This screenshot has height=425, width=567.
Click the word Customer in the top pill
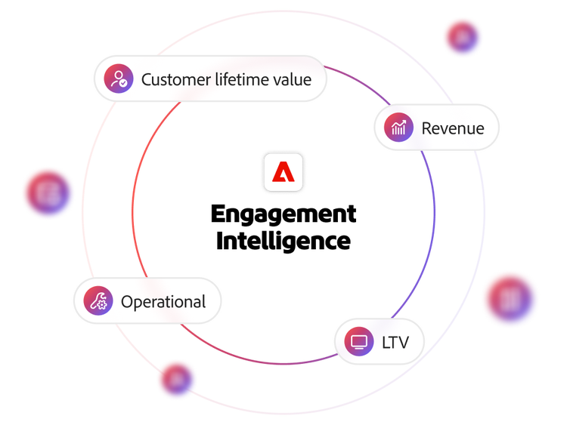[x=175, y=79]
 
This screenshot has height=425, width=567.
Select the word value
[x=293, y=79]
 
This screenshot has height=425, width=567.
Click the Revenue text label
[x=452, y=128]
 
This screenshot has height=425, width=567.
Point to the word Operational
[x=163, y=302]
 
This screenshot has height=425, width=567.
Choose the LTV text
[x=395, y=343]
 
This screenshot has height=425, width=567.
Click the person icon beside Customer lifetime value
[x=117, y=79]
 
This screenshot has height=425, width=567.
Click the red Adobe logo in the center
[x=283, y=173]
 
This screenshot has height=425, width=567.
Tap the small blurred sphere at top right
[x=463, y=36]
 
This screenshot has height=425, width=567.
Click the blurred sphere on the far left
[x=48, y=193]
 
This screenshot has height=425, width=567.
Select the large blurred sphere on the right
[x=510, y=299]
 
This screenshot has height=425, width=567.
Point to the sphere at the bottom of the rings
[x=177, y=378]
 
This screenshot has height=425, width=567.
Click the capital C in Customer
[x=147, y=79]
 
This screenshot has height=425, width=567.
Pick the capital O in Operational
[x=128, y=302]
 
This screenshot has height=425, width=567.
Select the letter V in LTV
[x=402, y=343]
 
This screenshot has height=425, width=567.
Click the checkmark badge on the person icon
[x=122, y=84]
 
